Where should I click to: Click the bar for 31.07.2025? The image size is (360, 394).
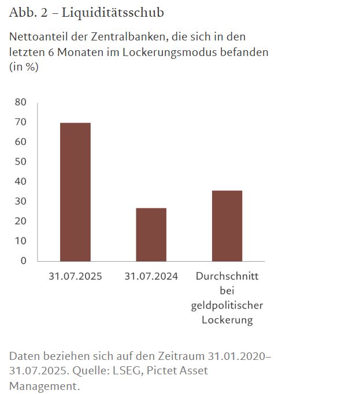coord(75,192)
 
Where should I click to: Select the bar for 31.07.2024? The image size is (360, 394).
coord(151,234)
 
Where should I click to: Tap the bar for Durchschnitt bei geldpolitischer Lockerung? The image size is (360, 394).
coord(227,225)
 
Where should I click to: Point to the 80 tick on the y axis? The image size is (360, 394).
coord(21,102)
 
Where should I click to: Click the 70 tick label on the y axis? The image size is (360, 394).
coord(21,122)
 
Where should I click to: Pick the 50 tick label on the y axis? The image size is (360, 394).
coord(21,162)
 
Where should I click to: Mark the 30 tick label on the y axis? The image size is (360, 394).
coord(21,201)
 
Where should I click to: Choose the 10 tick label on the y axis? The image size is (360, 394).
coord(21,241)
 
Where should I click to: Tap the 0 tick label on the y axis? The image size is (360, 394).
coord(24,261)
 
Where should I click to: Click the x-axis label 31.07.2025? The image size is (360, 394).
coord(75,276)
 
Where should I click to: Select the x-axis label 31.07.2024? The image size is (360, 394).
coord(151,276)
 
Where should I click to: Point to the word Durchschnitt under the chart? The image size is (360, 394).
coord(227,276)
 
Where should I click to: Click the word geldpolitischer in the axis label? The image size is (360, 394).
coord(227,306)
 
